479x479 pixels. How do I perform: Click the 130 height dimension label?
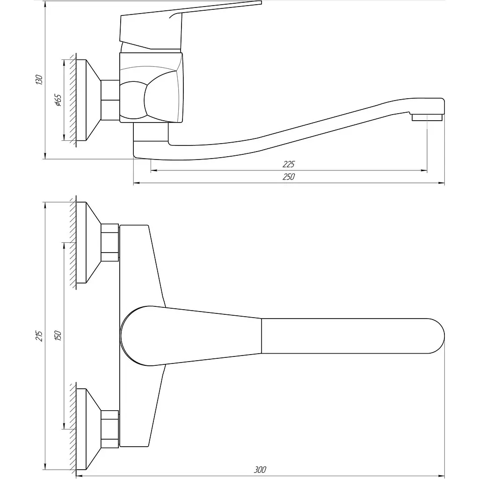39,80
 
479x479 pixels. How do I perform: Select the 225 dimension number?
288,164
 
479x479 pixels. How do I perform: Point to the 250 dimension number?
288,176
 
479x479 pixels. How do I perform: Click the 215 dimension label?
39,336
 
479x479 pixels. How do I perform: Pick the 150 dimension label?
58,336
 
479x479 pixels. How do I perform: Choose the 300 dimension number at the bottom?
260,470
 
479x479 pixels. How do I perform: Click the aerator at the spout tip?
427,117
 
